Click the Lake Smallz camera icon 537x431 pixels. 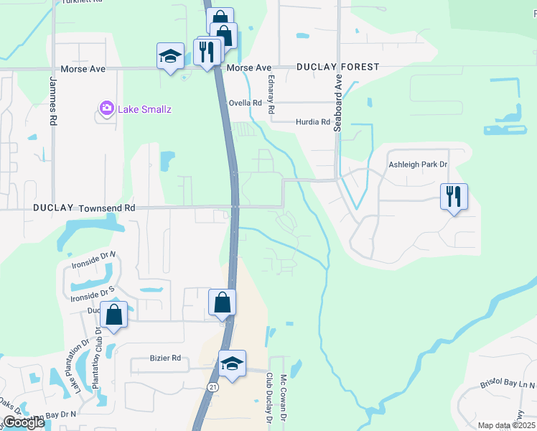coord(107,108)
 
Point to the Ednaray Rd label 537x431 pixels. coord(271,96)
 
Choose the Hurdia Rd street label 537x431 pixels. coord(312,122)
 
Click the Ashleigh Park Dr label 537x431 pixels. coord(418,164)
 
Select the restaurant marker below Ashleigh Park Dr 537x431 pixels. coord(454,196)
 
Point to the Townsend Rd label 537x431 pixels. coord(107,207)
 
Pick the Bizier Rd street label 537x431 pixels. coord(164,358)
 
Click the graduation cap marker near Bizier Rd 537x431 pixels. coord(233,363)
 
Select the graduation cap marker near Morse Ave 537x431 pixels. coord(169,56)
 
